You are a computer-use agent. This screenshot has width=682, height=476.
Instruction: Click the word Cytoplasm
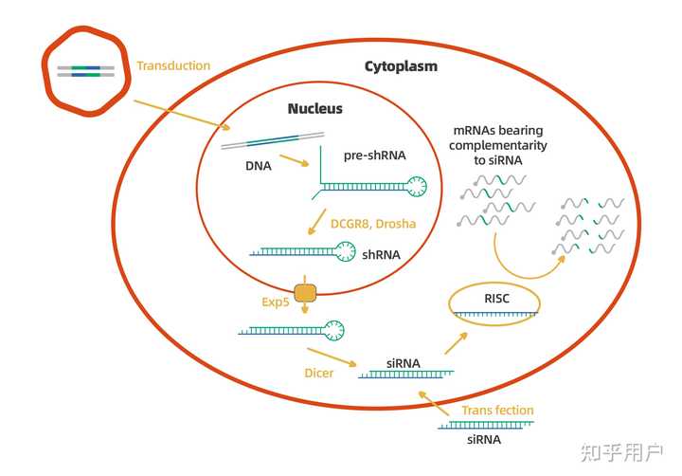(x=401, y=66)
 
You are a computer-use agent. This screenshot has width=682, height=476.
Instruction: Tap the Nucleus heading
(x=315, y=109)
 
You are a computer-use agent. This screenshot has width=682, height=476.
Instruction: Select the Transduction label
(x=173, y=65)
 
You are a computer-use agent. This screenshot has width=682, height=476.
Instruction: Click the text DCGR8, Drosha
(x=373, y=225)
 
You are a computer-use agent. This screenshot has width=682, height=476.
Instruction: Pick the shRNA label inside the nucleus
(x=382, y=254)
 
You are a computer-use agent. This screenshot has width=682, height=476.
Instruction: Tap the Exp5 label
(x=276, y=302)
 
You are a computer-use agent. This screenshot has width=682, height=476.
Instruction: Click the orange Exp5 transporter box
(x=306, y=293)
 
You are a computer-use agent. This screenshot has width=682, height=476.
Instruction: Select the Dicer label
(x=319, y=372)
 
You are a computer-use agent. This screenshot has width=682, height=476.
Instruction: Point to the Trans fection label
(x=497, y=411)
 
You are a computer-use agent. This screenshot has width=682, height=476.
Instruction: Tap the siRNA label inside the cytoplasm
(x=404, y=362)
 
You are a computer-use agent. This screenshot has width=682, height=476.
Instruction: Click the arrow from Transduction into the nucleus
(x=180, y=114)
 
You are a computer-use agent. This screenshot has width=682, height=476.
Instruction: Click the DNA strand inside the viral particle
(x=85, y=70)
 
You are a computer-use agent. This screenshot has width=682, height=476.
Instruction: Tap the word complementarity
(x=498, y=146)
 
